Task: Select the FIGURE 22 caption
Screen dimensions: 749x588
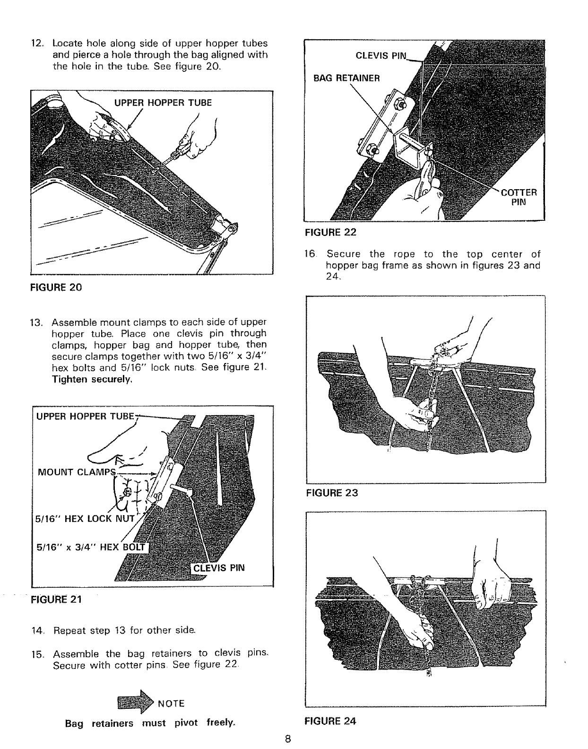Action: coord(330,232)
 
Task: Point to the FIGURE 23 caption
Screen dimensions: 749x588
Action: coord(332,493)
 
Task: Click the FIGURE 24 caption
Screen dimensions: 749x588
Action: coord(330,721)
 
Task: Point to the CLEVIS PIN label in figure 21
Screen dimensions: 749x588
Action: coord(218,568)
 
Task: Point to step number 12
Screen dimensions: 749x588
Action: coord(37,44)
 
